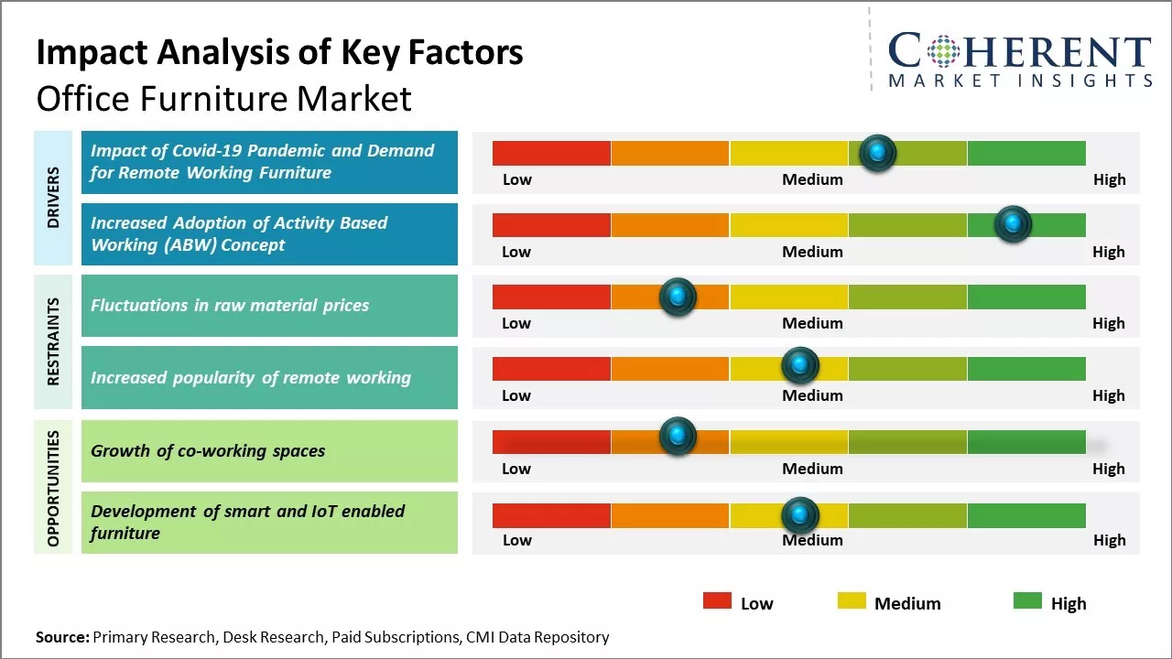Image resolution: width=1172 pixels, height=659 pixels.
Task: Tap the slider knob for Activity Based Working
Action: (x=1013, y=224)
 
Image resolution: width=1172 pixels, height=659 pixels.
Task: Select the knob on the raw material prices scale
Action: (x=678, y=297)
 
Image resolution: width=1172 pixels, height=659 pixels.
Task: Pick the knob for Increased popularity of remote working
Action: (x=800, y=366)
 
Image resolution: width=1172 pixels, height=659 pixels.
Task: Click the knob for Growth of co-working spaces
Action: (x=678, y=437)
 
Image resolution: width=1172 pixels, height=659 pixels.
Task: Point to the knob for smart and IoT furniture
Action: (x=800, y=515)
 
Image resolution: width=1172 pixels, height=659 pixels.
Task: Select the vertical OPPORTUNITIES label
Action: (x=53, y=488)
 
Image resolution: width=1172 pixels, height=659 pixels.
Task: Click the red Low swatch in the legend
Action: (x=717, y=600)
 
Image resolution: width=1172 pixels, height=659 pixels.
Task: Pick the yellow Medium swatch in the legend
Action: (x=852, y=600)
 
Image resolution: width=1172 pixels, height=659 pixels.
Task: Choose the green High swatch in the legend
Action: (x=1027, y=600)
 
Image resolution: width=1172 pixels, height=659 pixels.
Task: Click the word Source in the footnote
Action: (x=61, y=637)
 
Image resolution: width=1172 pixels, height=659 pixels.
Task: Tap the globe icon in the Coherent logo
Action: (x=942, y=51)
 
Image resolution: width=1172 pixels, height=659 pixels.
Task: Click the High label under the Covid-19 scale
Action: (x=1109, y=179)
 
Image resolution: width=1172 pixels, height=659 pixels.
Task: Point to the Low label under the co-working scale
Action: (x=516, y=469)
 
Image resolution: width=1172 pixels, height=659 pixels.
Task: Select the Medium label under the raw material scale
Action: (x=812, y=323)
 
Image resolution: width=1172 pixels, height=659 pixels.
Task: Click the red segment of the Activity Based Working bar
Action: (x=551, y=225)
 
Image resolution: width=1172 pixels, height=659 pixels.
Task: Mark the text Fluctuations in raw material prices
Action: (x=230, y=306)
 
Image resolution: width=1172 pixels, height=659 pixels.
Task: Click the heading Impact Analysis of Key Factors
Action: (x=279, y=53)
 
